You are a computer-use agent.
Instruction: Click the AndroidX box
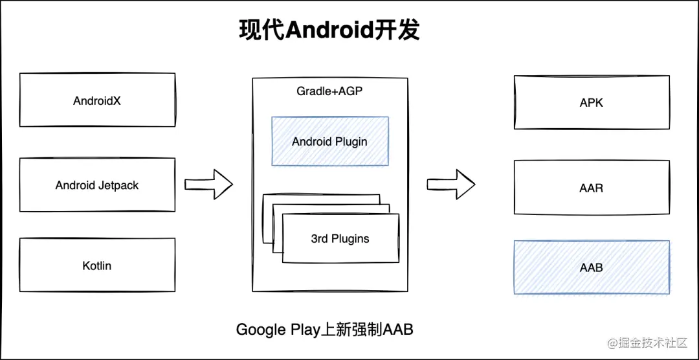[x=97, y=101]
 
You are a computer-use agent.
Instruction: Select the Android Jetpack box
[x=97, y=185]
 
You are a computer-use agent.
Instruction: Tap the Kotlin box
[x=97, y=265]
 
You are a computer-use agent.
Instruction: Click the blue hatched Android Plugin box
[x=329, y=141]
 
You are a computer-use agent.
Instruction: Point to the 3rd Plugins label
[x=340, y=239]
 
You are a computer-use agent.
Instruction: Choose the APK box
[x=591, y=102]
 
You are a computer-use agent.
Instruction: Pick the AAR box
[x=591, y=188]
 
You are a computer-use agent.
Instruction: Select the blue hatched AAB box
[x=591, y=267]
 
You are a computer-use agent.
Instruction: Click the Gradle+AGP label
[x=329, y=91]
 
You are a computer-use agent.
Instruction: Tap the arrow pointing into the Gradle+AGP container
[x=208, y=184]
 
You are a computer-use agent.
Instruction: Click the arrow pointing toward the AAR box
[x=451, y=184]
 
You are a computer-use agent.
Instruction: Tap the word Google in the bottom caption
[x=261, y=330]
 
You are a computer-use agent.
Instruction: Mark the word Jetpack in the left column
[x=118, y=185]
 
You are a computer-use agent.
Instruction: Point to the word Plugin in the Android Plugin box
[x=351, y=141]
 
